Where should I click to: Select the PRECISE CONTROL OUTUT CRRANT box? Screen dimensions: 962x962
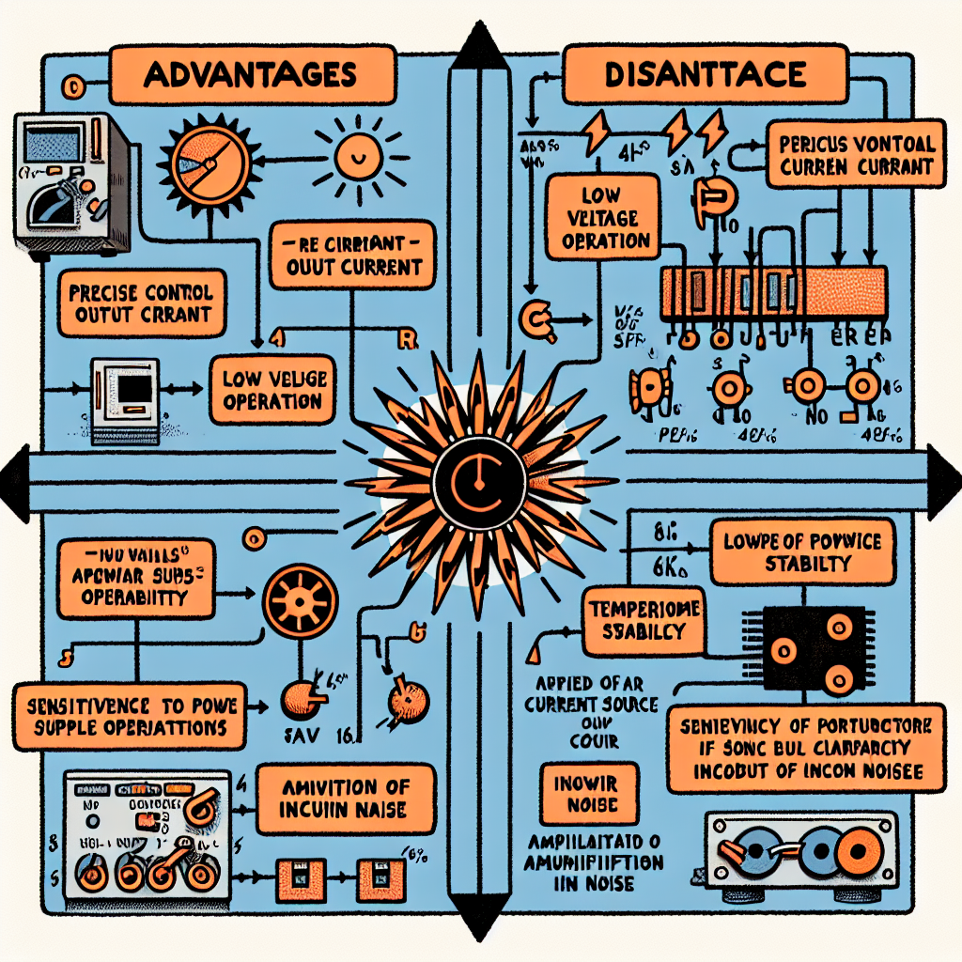(141, 303)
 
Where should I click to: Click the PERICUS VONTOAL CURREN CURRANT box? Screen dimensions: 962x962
(857, 156)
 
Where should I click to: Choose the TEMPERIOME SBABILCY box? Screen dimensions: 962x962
(645, 619)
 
